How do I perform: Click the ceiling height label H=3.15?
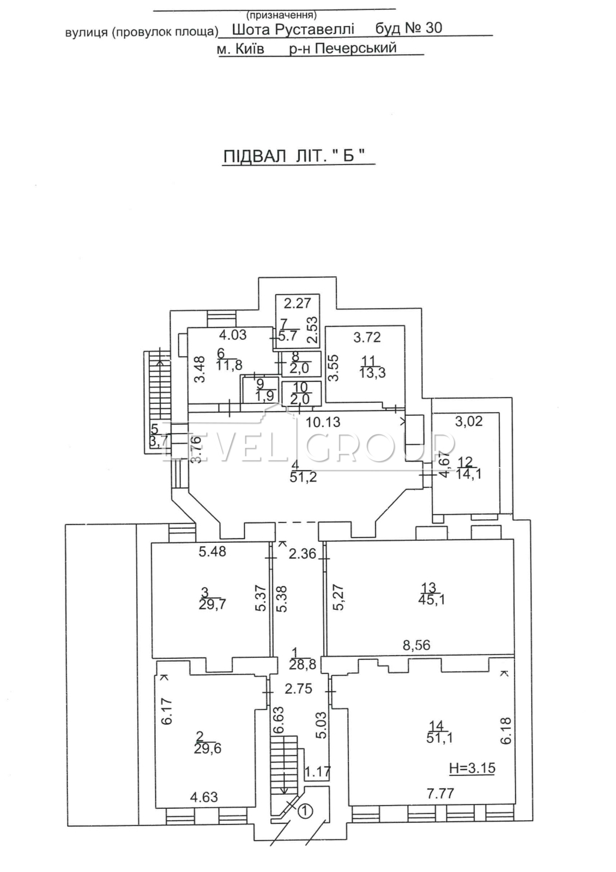pos(473,769)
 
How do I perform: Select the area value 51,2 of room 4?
pos(304,478)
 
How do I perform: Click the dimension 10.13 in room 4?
pos(323,422)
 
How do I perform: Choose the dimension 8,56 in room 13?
pos(416,645)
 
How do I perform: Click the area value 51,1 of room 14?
pos(440,738)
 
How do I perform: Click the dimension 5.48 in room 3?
pos(213,552)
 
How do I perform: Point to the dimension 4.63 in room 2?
pos(204,797)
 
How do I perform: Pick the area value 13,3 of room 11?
pos(373,372)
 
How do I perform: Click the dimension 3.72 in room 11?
pos(367,337)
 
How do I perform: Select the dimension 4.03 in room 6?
pos(233,335)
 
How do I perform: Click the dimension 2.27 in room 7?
pos(297,302)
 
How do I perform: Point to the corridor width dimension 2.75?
pos(298,689)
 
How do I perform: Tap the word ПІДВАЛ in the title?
pos(255,156)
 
